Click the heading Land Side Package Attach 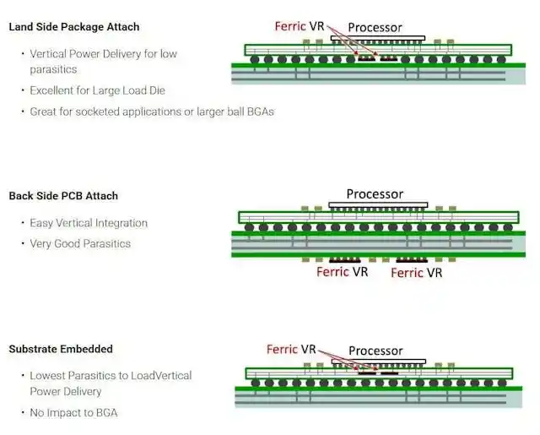coord(74,27)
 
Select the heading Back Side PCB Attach coord(63,196)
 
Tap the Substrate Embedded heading coord(61,349)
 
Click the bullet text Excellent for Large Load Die coord(98,90)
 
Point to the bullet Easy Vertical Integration coord(89,223)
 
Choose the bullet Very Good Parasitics coord(80,244)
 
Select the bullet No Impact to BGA coord(73,412)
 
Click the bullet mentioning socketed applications coord(152,111)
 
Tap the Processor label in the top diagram coord(375,28)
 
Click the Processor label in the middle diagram coord(375,194)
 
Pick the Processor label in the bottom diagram coord(375,351)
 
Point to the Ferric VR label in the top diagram coord(300,26)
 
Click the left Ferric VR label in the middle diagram coord(343,272)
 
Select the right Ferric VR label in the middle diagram coord(416,273)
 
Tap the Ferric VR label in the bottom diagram coord(291,349)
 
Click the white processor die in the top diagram coord(378,38)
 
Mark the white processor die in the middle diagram coord(378,204)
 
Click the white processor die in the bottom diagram coord(379,362)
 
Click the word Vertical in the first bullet coord(48,54)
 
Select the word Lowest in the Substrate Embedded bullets coord(47,375)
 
